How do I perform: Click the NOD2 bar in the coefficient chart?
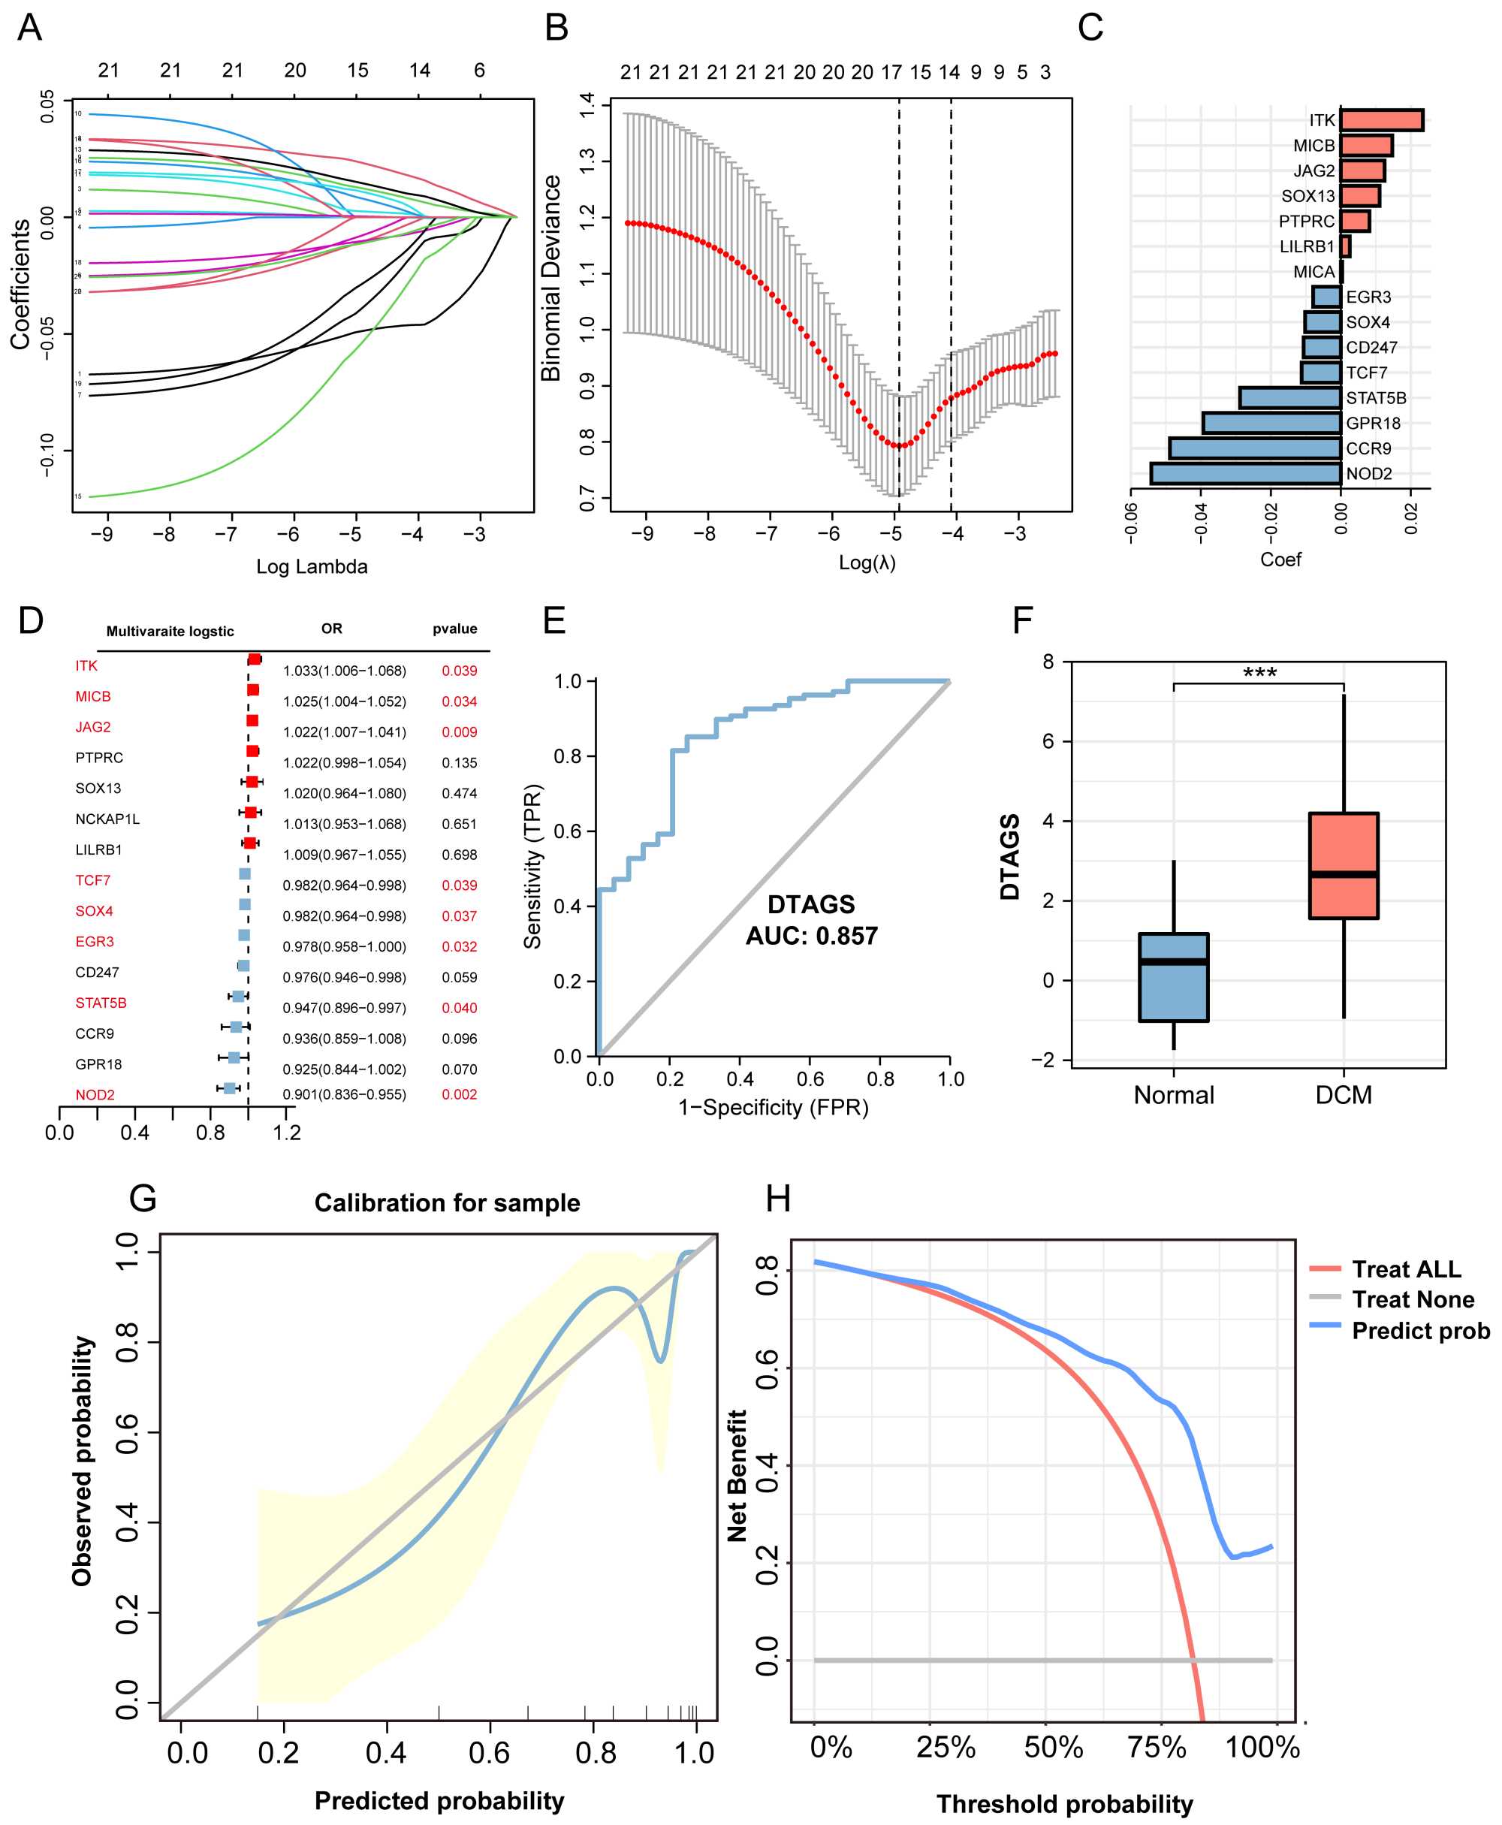1246,473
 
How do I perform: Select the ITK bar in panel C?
1382,120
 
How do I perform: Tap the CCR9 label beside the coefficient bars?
1369,448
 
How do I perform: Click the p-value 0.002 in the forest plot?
460,1095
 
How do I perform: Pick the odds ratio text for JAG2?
345,732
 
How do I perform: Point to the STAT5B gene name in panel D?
101,1003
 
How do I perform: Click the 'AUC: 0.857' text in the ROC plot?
812,936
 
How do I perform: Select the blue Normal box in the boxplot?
1173,977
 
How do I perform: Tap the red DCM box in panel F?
1343,865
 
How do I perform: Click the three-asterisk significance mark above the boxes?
1259,673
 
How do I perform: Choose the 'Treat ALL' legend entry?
1406,1268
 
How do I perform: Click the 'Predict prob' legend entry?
1420,1330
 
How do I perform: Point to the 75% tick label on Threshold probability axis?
1157,1747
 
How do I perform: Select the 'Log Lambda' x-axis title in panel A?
312,567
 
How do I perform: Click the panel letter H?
778,1199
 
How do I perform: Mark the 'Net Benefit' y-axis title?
737,1476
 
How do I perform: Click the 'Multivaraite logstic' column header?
170,632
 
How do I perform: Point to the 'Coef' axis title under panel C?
1280,560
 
